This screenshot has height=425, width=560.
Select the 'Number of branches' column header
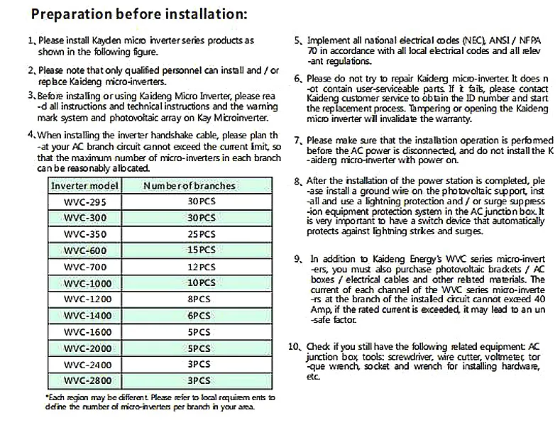tap(190, 186)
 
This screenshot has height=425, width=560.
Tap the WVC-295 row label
tap(80, 202)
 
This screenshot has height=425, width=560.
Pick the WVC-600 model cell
tap(80, 250)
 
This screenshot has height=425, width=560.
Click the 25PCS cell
tap(201, 234)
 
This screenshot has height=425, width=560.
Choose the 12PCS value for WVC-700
tap(201, 267)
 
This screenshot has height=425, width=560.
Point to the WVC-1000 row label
tap(80, 283)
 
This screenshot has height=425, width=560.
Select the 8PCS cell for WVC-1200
tap(201, 299)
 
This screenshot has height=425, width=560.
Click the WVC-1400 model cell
tap(80, 315)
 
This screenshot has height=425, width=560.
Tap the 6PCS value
tap(201, 315)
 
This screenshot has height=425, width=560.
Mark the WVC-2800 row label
tap(80, 380)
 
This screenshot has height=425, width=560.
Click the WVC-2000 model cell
tap(80, 348)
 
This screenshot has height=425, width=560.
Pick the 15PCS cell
tap(201, 250)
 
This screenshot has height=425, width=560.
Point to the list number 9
tap(297, 258)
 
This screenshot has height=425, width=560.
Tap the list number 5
tap(298, 40)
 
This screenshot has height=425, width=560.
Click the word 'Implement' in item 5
tap(327, 40)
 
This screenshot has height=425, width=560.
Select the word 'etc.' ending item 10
tap(313, 377)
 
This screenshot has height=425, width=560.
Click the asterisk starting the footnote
tap(47, 397)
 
